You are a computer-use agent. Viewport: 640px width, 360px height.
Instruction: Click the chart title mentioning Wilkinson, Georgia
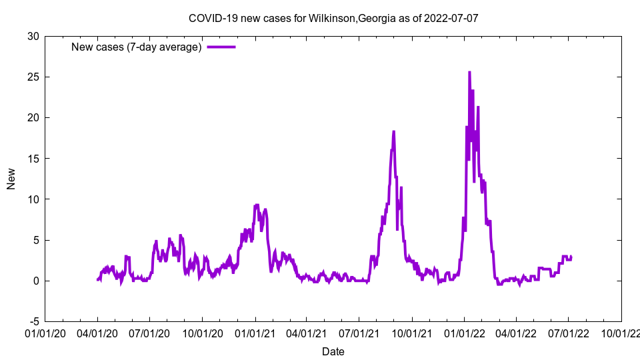tap(333, 18)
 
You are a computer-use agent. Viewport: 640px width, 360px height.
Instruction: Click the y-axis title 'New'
tap(11, 179)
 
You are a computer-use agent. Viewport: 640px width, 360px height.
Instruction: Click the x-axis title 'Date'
tap(333, 351)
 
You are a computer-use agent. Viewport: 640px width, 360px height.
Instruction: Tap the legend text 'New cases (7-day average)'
tap(137, 47)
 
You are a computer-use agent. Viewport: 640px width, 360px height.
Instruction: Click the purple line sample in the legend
tap(221, 47)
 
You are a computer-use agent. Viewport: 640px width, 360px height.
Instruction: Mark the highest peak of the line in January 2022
tap(469, 72)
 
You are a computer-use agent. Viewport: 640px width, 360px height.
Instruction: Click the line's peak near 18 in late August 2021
tap(393, 131)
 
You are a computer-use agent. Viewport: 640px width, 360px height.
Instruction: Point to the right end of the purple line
tap(571, 257)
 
